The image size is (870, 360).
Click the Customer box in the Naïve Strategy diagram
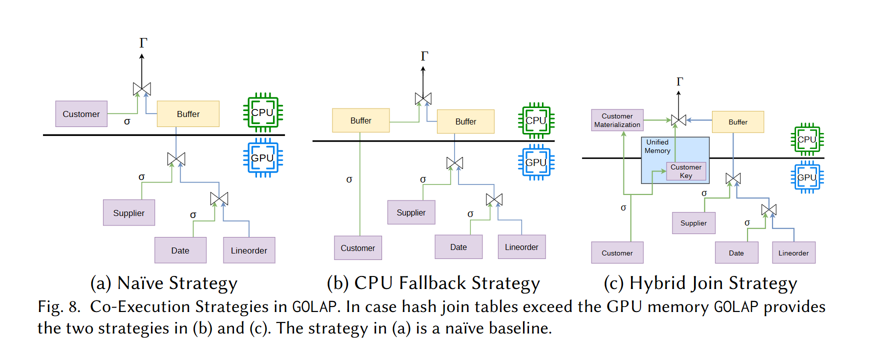[81, 114]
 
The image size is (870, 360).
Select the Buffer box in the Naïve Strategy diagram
[188, 114]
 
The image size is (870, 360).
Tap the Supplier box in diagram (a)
[128, 213]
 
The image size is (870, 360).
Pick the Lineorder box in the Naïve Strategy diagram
[249, 250]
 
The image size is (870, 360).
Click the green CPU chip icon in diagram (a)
[262, 112]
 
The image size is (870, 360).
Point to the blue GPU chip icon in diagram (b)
[536, 162]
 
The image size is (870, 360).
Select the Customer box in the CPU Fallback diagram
[357, 248]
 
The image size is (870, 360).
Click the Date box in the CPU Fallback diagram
[458, 247]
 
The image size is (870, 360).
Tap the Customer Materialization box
[617, 120]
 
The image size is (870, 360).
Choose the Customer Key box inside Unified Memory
[686, 171]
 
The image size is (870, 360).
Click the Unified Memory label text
[657, 146]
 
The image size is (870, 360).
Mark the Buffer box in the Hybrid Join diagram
[738, 122]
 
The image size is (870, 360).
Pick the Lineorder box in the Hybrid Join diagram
[793, 253]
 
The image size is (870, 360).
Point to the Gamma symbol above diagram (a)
[143, 43]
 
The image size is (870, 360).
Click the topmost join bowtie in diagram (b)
[423, 99]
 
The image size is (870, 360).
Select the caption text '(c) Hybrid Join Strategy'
[700, 283]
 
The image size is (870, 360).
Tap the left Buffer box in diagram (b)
[360, 120]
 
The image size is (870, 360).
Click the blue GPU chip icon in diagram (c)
[807, 177]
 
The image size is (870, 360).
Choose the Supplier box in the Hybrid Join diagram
[693, 223]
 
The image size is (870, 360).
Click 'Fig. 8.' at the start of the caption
[58, 306]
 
